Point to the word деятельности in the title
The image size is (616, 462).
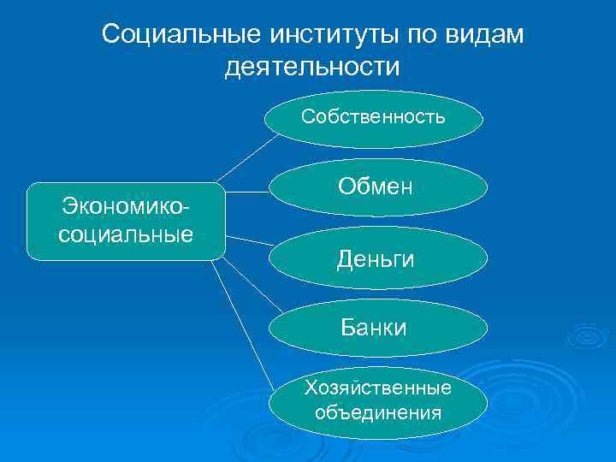click(312, 65)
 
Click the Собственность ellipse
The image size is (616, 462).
click(373, 117)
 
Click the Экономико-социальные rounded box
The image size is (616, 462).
click(126, 221)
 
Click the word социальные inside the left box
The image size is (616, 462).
click(126, 234)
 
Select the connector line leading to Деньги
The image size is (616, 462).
click(248, 240)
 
